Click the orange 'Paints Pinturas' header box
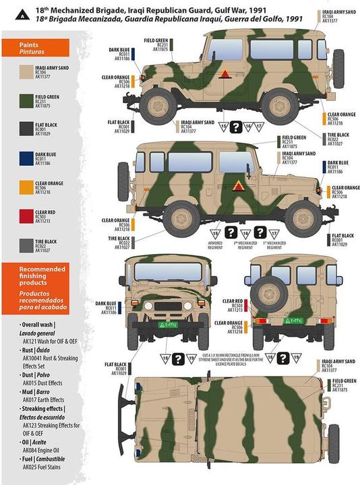click(36, 47)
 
